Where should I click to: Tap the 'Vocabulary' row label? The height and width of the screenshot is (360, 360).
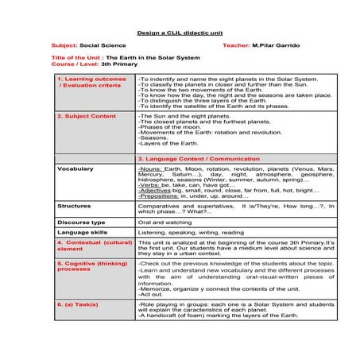(x=75, y=168)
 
